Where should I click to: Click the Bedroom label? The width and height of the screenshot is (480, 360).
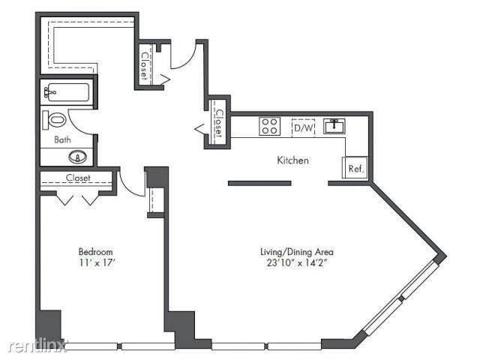point(95,251)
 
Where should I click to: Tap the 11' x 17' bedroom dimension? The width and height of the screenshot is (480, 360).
point(95,264)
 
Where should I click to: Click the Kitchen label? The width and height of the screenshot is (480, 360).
point(293,160)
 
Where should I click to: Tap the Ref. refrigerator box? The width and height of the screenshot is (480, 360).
point(355,169)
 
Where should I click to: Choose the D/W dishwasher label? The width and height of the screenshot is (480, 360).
point(303,127)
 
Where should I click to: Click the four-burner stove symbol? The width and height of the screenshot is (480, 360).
point(270,125)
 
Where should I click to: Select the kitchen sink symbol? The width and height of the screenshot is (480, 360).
point(334,126)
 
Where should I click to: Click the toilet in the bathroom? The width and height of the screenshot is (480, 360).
point(56,120)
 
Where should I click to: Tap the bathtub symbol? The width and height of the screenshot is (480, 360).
point(67,94)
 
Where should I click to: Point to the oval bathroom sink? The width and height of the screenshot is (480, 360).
point(77,157)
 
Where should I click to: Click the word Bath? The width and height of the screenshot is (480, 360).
point(62,139)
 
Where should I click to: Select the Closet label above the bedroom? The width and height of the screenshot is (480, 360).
point(78,178)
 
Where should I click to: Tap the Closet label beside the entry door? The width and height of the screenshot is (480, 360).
point(144,64)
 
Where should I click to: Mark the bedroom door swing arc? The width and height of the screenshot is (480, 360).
point(132,184)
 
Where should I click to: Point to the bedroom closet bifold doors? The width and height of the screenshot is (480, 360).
point(78,197)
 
